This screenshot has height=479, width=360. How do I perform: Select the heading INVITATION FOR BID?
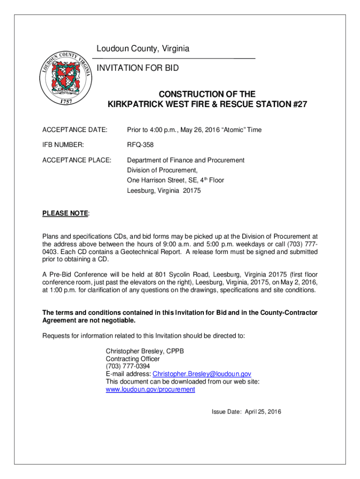click(x=137, y=68)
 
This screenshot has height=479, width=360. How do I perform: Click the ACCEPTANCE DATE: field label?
click(x=75, y=130)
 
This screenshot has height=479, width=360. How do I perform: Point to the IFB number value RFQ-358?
click(x=140, y=145)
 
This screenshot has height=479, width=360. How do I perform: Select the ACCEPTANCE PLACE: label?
click(x=77, y=160)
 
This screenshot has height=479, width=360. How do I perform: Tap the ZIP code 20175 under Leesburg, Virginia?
click(x=191, y=191)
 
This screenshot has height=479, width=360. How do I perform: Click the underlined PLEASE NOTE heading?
click(x=65, y=213)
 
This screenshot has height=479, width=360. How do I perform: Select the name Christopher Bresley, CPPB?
click(x=146, y=351)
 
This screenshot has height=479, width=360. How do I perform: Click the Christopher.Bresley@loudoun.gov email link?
click(x=202, y=374)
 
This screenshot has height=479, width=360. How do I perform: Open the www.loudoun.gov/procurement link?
click(x=151, y=389)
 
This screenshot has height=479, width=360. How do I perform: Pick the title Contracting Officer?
click(x=133, y=359)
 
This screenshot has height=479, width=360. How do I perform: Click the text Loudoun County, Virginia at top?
click(x=143, y=49)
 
